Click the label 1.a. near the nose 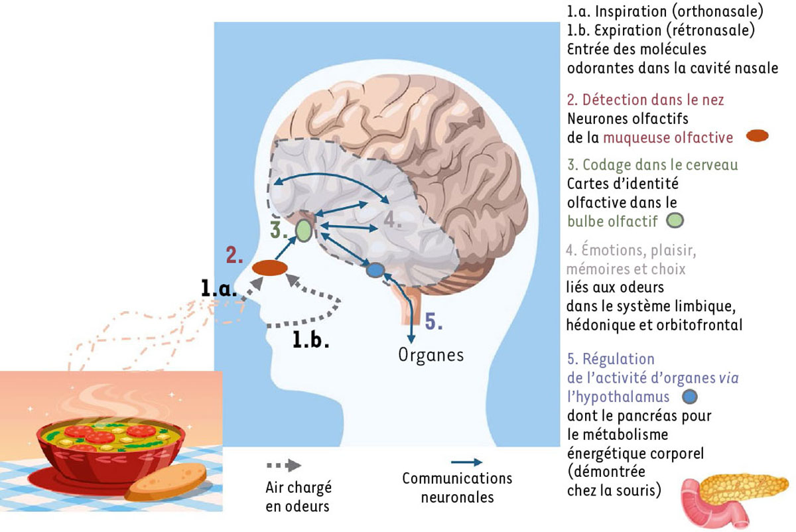click(x=216, y=287)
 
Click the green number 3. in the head click(x=279, y=230)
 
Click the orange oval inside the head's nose click(x=269, y=268)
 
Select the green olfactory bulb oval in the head click(x=303, y=230)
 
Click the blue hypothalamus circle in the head click(x=375, y=270)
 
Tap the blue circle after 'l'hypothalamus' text click(x=690, y=396)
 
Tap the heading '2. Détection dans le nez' click(x=645, y=100)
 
